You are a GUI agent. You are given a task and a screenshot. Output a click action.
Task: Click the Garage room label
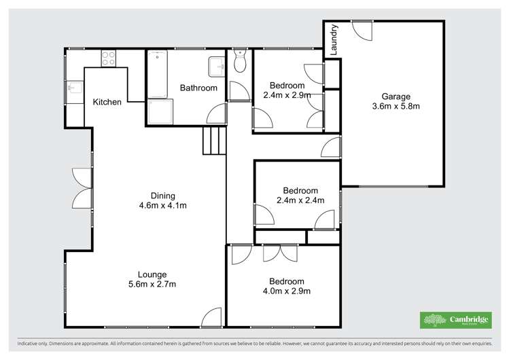[396, 96]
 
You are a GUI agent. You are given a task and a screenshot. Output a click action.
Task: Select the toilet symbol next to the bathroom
[239, 62]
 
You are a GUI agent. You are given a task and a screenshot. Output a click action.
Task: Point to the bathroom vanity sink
[216, 67]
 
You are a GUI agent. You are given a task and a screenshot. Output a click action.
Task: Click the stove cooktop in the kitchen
[109, 58]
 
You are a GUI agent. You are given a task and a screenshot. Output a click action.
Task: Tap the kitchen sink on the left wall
[73, 87]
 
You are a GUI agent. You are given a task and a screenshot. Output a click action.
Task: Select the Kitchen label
[107, 103]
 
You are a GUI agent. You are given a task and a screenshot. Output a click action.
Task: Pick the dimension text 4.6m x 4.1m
[158, 206]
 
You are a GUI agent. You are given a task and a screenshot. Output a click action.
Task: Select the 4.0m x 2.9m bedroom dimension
[286, 291]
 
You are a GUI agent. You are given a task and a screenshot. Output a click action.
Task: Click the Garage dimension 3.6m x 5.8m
[396, 106]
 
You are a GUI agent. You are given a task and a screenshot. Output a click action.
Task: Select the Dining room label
[158, 196]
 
